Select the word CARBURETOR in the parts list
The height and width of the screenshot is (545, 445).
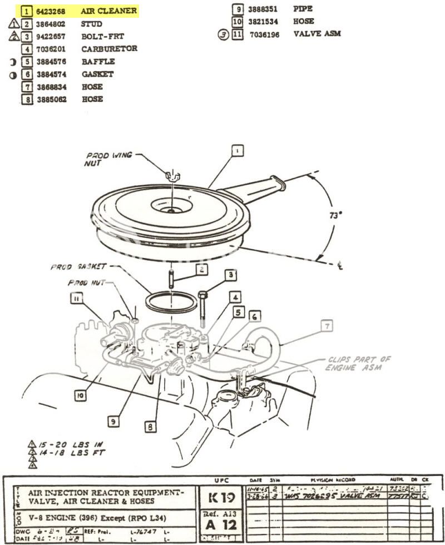[x=109, y=49]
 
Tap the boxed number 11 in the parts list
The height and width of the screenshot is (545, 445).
[x=238, y=34]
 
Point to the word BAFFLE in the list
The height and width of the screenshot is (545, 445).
[x=97, y=62]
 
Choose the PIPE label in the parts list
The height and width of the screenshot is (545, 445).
[x=303, y=9]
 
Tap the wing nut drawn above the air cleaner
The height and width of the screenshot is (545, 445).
[x=173, y=175]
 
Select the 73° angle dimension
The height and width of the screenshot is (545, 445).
[x=334, y=216]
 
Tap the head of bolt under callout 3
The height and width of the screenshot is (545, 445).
[x=202, y=294]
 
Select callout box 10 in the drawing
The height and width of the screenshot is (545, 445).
[x=81, y=395]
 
